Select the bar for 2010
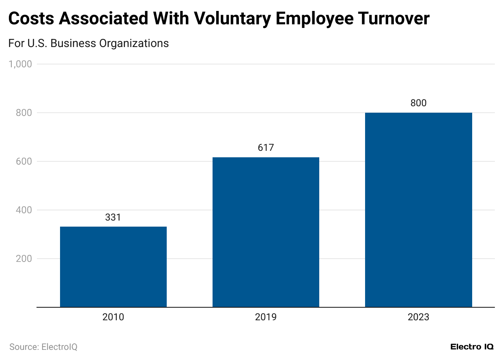coord(113,267)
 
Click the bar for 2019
coord(266,232)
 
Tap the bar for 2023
coord(418,210)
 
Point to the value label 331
coord(113,218)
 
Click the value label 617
coord(266,148)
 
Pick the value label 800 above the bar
coord(418,103)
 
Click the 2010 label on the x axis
coord(113,317)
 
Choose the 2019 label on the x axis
coord(266,317)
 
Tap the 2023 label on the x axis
coord(418,317)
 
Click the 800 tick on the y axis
coord(24,113)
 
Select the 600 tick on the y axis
coord(24,161)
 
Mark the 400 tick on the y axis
coord(24,210)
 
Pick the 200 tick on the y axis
coord(24,259)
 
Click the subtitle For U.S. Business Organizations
coord(88,43)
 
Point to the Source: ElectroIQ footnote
coord(43,347)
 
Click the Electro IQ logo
coord(472,347)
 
